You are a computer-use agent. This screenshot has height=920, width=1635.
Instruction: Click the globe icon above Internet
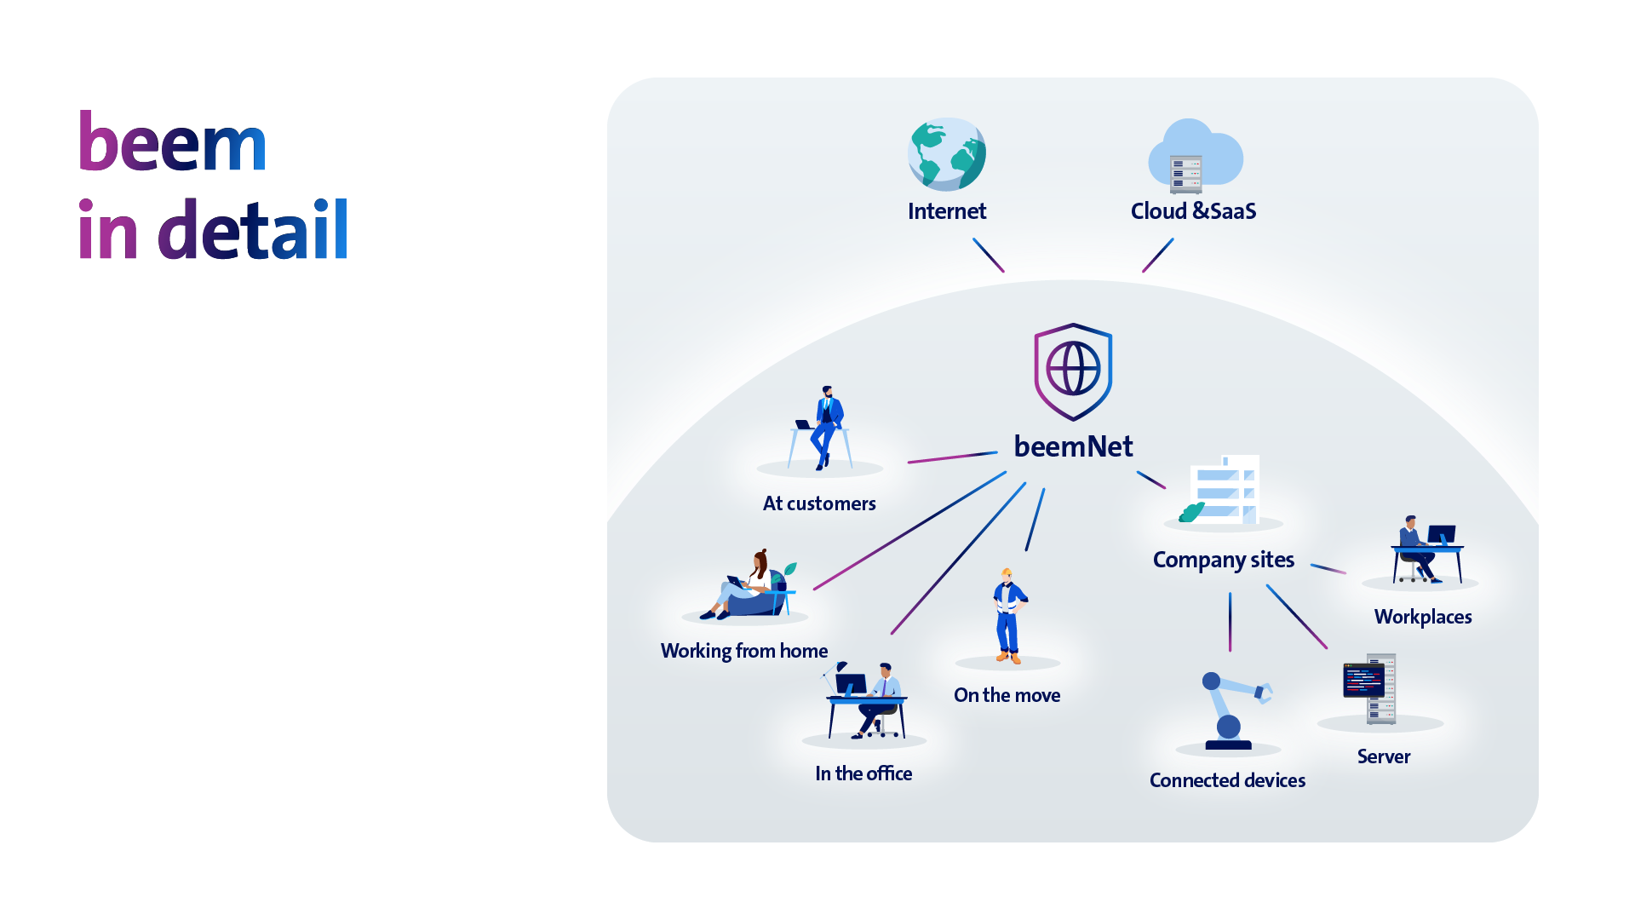[x=946, y=154]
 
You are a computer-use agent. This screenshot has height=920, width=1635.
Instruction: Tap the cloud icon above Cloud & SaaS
[x=1195, y=157]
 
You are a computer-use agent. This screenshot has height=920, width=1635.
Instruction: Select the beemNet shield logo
[x=1073, y=371]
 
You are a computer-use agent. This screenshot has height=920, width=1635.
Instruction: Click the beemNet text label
[x=1073, y=446]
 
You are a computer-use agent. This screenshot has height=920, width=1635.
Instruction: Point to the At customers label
[x=819, y=503]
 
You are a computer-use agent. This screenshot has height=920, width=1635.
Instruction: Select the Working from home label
[x=743, y=651]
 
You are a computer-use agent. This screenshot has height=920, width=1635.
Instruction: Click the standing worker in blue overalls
[x=1008, y=617]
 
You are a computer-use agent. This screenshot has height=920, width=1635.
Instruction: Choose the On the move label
[x=1007, y=695]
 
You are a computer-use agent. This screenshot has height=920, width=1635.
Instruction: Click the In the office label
[x=863, y=773]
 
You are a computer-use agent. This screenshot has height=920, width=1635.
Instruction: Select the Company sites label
[x=1223, y=560]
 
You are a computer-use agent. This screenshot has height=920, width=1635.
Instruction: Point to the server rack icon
[x=1370, y=688]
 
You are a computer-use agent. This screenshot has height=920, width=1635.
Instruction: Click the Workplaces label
[x=1422, y=617]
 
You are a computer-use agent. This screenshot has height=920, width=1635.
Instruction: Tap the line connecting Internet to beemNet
[x=989, y=255]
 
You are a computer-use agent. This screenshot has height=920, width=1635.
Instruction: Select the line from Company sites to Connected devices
[x=1230, y=622]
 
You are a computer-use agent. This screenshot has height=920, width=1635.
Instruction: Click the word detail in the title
[x=253, y=230]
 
